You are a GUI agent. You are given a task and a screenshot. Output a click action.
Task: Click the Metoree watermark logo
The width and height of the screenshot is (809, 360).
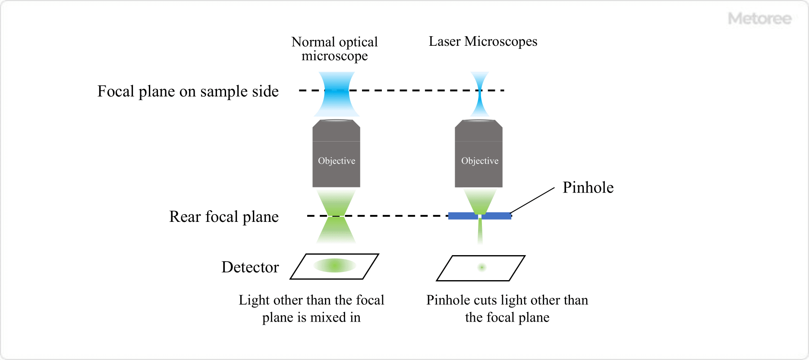[x=759, y=19]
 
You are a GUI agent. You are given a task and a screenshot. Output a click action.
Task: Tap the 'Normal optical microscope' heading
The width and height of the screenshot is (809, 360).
[x=334, y=49]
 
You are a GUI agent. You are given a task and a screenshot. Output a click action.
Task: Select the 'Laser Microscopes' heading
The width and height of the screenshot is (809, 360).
[x=483, y=41]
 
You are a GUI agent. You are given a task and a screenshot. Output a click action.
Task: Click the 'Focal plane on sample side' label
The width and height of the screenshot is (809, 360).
[x=188, y=92]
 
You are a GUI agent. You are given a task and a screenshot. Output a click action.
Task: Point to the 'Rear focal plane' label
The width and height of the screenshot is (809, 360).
[x=223, y=217]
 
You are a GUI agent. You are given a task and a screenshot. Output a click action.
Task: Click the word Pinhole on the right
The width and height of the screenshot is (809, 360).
[x=588, y=188]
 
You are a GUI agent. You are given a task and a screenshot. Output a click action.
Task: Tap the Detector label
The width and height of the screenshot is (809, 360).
[x=250, y=267]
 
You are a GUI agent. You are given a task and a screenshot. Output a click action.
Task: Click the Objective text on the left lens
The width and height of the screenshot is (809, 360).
[x=337, y=161]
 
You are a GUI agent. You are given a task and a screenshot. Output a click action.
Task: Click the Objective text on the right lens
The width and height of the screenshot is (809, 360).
[x=479, y=161]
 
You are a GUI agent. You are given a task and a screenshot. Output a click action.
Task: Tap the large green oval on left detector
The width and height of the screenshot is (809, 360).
[x=335, y=265]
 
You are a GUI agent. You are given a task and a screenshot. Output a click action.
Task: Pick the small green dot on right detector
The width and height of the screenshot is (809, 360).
[x=482, y=268]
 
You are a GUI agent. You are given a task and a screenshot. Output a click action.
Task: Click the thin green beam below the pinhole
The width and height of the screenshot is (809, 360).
[x=480, y=231]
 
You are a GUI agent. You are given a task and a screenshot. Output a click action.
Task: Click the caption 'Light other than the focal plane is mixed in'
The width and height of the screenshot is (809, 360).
[x=311, y=309]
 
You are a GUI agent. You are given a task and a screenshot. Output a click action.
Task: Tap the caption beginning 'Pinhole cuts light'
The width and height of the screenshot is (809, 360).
[x=507, y=309]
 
